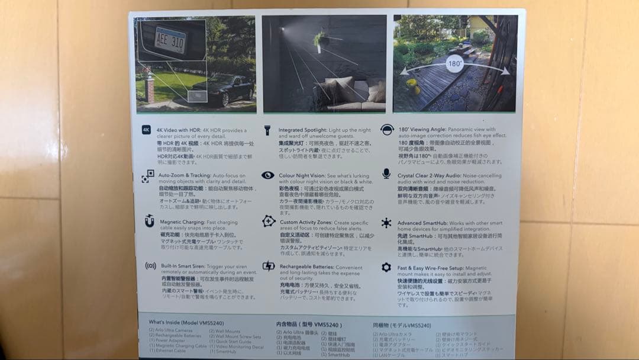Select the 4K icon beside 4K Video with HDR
147,130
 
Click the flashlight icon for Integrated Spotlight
267,129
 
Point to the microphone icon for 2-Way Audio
386,173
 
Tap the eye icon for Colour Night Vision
268,175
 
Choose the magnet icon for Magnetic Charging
149,221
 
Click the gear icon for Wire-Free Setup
386,268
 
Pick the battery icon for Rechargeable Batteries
268,266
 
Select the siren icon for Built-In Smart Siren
150,266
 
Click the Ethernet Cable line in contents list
167,351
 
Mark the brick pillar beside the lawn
149,89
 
